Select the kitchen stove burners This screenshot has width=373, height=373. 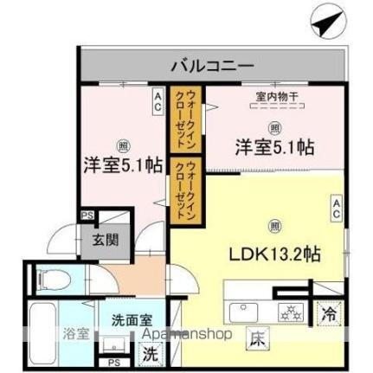pyautogui.click(x=289, y=312)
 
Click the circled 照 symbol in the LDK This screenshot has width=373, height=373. pyautogui.click(x=274, y=227)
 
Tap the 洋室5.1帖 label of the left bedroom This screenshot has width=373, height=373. pyautogui.click(x=115, y=163)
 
